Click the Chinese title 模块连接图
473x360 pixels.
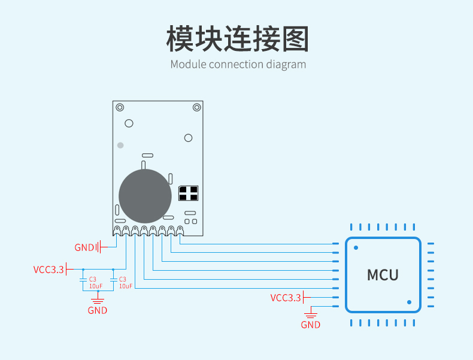point(238,38)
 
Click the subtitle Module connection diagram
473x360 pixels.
point(238,65)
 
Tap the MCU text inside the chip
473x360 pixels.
point(383,275)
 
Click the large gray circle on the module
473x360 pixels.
point(145,196)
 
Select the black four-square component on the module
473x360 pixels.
point(189,193)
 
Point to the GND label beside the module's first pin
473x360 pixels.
point(84,247)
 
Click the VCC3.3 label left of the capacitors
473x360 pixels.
point(48,270)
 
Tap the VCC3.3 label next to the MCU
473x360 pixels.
point(286,298)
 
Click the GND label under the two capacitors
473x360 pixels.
point(98,310)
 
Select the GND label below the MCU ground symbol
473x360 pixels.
point(310,325)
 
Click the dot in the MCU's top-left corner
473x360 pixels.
point(356,248)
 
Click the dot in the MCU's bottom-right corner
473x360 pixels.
point(409,302)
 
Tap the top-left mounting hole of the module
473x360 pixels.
point(120,107)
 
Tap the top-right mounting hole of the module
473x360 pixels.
point(196,107)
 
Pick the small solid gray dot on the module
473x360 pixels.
point(120,146)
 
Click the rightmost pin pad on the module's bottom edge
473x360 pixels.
point(180,231)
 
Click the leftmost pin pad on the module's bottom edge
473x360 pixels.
point(117,231)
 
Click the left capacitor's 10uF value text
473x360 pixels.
point(96,286)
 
